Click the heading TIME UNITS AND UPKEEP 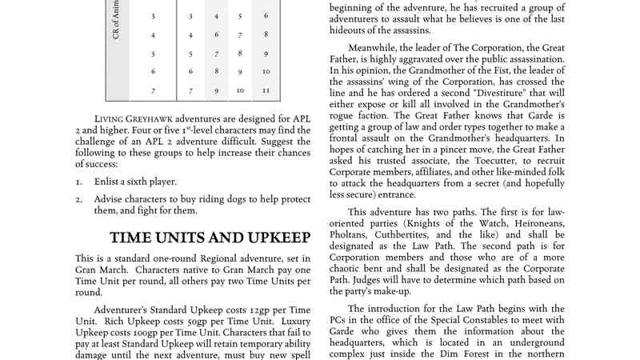pyautogui.click(x=210, y=238)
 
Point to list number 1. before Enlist pyautogui.click(x=79, y=182)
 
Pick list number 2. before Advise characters pyautogui.click(x=79, y=199)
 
